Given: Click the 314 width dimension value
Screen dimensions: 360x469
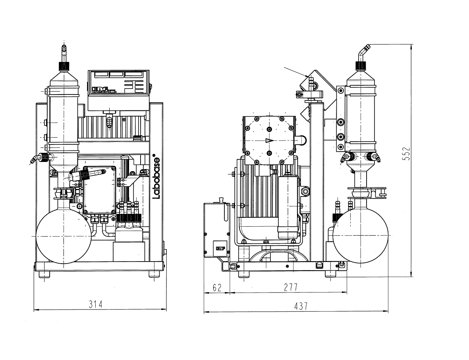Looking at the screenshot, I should (96, 304).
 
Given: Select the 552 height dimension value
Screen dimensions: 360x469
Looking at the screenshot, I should (406, 154).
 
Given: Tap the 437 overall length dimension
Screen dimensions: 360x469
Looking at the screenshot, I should (300, 306).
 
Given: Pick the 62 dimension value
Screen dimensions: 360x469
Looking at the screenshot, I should (217, 287).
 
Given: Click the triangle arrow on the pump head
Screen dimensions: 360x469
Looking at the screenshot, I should (269, 141).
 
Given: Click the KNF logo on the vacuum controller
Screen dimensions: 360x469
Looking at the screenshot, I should (100, 89).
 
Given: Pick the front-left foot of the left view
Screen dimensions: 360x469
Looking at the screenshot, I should (44, 274).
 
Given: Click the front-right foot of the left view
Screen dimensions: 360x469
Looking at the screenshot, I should (155, 274).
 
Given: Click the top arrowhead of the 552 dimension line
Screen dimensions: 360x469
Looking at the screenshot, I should (412, 47).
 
